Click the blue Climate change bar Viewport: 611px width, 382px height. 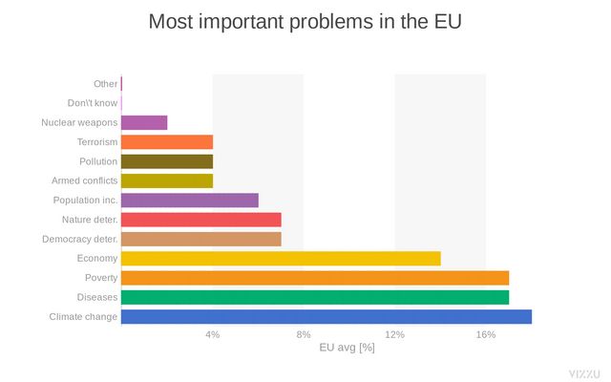[x=327, y=317]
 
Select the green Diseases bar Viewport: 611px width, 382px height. [x=315, y=297]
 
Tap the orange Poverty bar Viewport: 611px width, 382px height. [x=315, y=278]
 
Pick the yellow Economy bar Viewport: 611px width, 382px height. [x=281, y=258]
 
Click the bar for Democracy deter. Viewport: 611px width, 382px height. [x=201, y=239]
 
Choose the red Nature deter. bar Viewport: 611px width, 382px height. [x=201, y=220]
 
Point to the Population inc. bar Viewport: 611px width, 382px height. [x=190, y=200]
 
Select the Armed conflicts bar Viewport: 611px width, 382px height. [x=167, y=180]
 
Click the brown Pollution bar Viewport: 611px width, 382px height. [x=167, y=161]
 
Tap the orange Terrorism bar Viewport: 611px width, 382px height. [x=167, y=141]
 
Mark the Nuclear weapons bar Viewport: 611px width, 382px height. [x=144, y=122]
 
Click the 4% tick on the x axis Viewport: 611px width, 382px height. [x=213, y=334]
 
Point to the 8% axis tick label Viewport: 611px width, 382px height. [x=304, y=334]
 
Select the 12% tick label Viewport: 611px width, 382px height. [x=394, y=334]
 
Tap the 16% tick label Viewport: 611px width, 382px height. [x=486, y=334]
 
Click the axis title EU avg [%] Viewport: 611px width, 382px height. [x=347, y=348]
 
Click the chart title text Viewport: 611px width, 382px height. [x=305, y=21]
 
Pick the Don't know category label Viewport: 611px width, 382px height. [x=93, y=103]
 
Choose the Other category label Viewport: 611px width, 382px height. [x=105, y=84]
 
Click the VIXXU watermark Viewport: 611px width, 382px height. [x=584, y=371]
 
